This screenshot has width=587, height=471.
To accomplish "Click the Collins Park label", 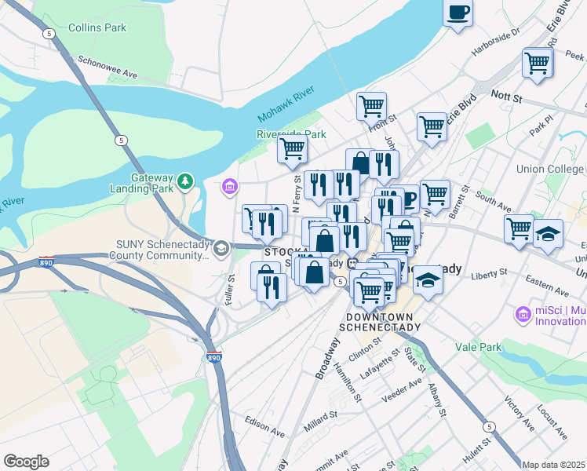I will pyautogui.click(x=97, y=27).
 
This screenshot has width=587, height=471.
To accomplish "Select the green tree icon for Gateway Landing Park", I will pyautogui.click(x=185, y=181).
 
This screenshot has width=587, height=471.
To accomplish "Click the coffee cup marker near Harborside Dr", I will pyautogui.click(x=458, y=13).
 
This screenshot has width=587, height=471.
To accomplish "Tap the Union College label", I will pyautogui.click(x=550, y=169).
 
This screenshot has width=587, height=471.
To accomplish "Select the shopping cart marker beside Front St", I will pyautogui.click(x=371, y=104).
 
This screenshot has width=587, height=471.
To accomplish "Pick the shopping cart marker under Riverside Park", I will pyautogui.click(x=293, y=147).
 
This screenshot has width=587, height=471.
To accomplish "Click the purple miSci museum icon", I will pyautogui.click(x=523, y=315).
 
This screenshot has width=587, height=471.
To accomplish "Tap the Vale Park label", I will pyautogui.click(x=478, y=345).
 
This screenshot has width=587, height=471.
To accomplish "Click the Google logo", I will pyautogui.click(x=26, y=461).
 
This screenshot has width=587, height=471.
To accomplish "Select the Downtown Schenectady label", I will pyautogui.click(x=380, y=321).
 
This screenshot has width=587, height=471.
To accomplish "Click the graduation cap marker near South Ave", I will pyautogui.click(x=548, y=233).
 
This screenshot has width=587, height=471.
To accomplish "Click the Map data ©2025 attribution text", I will pyautogui.click(x=553, y=465).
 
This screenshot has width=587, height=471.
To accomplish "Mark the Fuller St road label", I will pyautogui.click(x=231, y=287).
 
